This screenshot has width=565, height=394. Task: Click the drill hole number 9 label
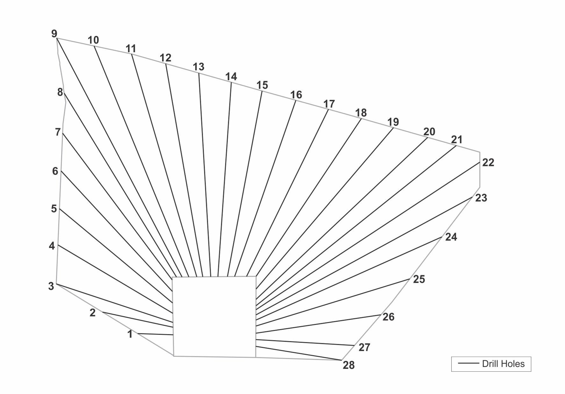point(54,33)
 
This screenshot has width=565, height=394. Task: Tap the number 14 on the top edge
point(231,76)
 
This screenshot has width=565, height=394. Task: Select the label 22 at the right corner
point(488,162)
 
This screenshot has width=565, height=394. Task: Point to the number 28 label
point(349,365)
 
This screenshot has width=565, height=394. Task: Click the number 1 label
point(130,334)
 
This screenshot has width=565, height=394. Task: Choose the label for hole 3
point(51,286)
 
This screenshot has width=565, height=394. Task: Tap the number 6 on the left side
point(55,171)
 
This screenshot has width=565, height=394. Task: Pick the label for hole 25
point(419,279)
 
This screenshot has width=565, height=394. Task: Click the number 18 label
point(361,113)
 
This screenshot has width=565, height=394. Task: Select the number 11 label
point(131,49)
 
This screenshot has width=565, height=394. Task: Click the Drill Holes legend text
point(503,364)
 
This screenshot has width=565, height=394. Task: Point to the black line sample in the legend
point(468,363)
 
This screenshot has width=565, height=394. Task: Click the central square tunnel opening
point(214,317)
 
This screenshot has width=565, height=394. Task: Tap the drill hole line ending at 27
point(305,342)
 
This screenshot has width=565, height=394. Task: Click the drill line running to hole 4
point(115,274)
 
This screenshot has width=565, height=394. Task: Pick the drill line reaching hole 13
point(205,175)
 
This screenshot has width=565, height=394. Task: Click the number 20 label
point(429,132)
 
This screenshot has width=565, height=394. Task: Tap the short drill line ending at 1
point(155,334)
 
